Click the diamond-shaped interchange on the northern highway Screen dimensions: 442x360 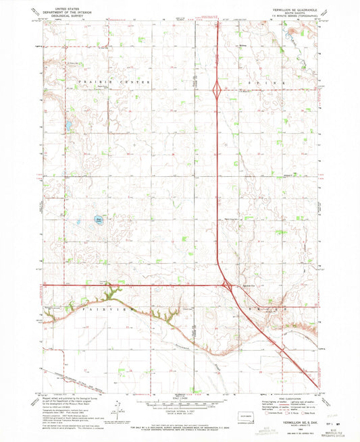click(x=217, y=89)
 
